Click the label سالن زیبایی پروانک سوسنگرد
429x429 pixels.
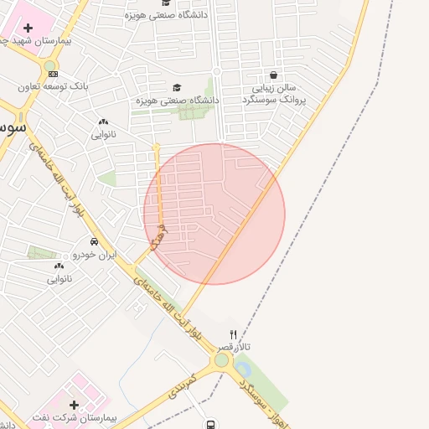click(x=274, y=93)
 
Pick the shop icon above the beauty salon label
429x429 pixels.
click(x=274, y=75)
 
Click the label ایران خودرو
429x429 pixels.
click(x=94, y=254)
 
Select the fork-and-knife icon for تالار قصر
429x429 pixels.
click(x=234, y=333)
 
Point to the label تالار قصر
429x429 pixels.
click(x=235, y=346)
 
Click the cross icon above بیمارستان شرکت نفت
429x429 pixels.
click(x=74, y=405)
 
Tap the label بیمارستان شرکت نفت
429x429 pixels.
click(x=75, y=417)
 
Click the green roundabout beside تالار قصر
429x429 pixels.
click(x=221, y=360)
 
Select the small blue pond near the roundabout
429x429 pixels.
click(x=243, y=368)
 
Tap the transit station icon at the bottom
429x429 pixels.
click(x=209, y=425)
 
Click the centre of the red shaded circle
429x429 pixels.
click(x=214, y=214)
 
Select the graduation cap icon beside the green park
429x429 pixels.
click(x=177, y=87)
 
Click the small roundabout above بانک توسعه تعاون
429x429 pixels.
click(x=50, y=65)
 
